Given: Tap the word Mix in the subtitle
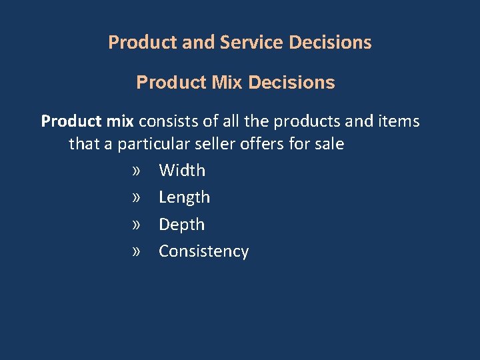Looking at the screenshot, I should tap(229, 83).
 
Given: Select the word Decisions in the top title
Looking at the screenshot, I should tap(331, 43).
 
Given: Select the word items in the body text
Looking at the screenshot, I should tap(399, 121).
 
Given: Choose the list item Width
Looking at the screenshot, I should tap(182, 171).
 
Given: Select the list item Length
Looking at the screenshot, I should tap(184, 197).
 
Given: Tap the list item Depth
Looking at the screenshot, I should tap(181, 225).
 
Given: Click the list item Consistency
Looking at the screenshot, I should tap(203, 251).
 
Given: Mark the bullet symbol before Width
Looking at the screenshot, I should tap(137, 171).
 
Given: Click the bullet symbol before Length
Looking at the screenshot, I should tap(137, 198).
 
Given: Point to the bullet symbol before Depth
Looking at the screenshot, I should tap(137, 225).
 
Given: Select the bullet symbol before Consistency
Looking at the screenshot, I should tap(137, 252).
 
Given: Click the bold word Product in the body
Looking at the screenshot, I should tap(69, 121).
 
